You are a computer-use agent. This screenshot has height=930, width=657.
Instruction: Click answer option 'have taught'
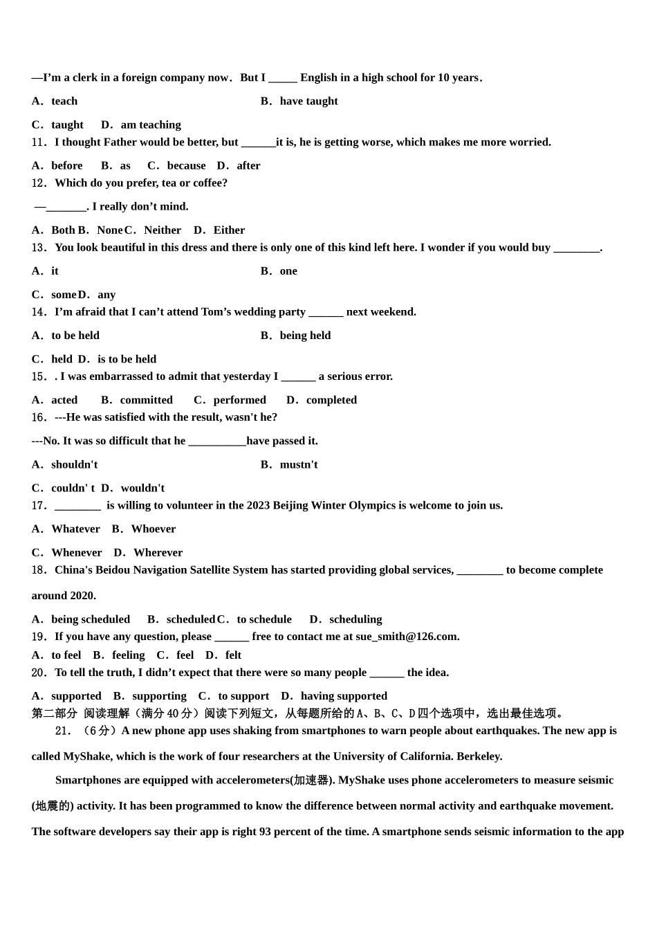click(308, 101)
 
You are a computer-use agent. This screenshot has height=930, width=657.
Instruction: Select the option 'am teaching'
click(151, 125)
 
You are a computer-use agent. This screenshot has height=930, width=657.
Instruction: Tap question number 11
click(39, 143)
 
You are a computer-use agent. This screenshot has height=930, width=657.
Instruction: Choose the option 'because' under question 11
click(186, 165)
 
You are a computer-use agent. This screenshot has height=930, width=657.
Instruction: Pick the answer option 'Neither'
click(163, 230)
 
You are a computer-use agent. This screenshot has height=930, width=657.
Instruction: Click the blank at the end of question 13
click(576, 248)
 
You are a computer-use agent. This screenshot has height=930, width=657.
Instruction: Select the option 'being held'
click(305, 336)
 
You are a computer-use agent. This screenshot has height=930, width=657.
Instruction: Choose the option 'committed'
click(146, 400)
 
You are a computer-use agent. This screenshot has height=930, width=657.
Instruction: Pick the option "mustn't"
click(299, 464)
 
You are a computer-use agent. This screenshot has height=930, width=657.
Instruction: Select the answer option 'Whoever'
click(154, 529)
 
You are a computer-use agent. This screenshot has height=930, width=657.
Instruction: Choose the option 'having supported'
click(344, 696)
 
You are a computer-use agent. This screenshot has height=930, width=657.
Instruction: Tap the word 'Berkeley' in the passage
click(479, 756)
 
